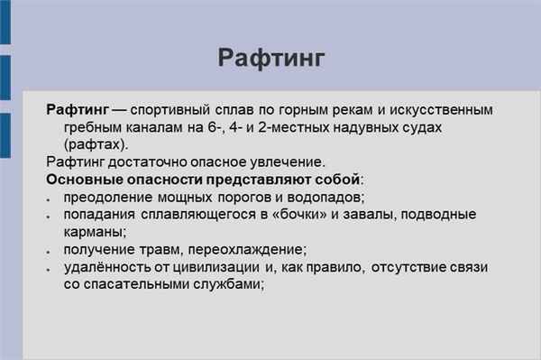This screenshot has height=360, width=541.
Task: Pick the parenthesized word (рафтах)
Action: click(x=96, y=144)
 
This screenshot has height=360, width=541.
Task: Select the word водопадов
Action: click(x=324, y=197)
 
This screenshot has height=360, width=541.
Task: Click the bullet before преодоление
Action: click(x=50, y=198)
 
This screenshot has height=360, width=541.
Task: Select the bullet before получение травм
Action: click(x=50, y=251)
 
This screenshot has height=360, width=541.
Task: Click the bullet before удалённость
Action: click(x=50, y=268)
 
